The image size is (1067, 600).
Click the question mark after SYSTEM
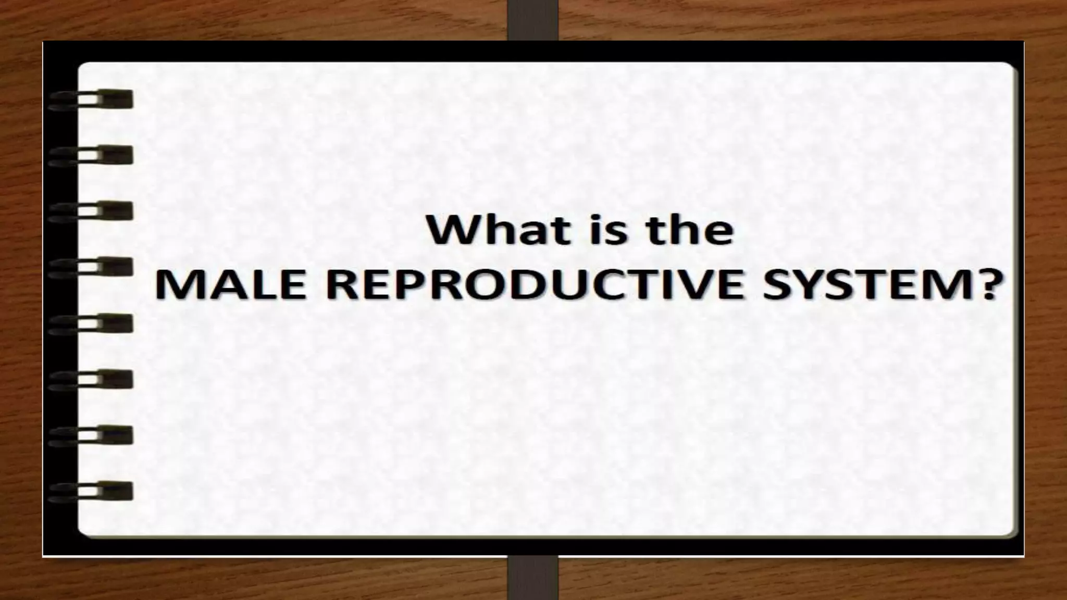[x=986, y=286]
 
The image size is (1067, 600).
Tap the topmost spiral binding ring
[x=91, y=99]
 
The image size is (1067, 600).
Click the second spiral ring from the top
[x=91, y=155]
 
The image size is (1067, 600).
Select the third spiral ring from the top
[x=91, y=211]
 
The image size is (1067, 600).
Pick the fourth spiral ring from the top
[x=91, y=267]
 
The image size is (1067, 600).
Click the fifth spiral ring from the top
[x=91, y=323]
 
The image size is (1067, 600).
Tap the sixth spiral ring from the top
[x=91, y=379]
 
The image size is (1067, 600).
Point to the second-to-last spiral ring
[x=91, y=435]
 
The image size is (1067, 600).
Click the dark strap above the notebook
[x=532, y=20]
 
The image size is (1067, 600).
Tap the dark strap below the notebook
[x=532, y=578]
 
